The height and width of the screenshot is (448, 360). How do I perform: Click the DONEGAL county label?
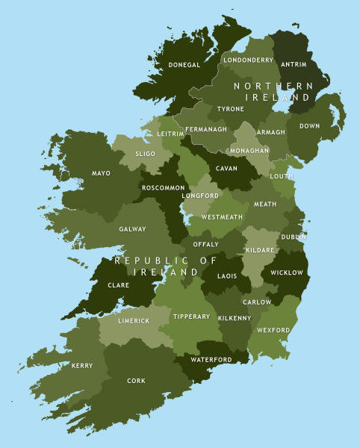(x=184, y=65)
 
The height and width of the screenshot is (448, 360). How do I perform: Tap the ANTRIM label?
(x=293, y=64)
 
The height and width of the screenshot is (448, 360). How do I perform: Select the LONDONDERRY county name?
(x=248, y=60)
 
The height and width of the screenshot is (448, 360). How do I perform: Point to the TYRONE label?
(x=230, y=109)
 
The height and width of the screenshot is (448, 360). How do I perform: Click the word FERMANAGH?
(x=205, y=129)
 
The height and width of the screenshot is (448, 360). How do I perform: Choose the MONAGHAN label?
(x=250, y=150)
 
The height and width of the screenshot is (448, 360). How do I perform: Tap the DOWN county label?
(x=309, y=126)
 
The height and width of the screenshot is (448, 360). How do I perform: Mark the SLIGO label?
(x=145, y=154)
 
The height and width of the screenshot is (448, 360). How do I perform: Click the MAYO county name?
(x=101, y=173)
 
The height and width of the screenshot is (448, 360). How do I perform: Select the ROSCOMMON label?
(x=164, y=187)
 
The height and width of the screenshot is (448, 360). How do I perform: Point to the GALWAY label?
(x=132, y=229)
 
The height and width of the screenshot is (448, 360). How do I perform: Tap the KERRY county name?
(x=82, y=366)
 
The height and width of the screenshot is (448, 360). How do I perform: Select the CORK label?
(x=136, y=381)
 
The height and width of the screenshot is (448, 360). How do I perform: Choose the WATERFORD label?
(x=211, y=359)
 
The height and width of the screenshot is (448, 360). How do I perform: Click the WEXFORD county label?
(x=273, y=329)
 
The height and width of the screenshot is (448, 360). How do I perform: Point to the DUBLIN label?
(x=294, y=237)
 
